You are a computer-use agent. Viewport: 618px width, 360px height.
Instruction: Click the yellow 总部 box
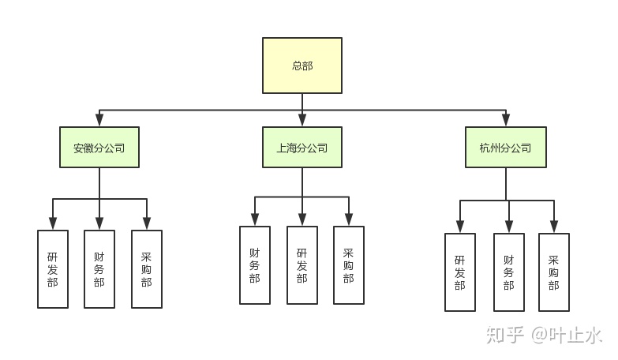(x=302, y=66)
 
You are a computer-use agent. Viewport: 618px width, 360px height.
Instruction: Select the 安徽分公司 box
(x=99, y=148)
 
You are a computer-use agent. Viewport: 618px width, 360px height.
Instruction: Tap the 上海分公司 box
(x=302, y=148)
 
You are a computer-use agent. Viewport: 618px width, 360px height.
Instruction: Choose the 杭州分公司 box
(x=505, y=148)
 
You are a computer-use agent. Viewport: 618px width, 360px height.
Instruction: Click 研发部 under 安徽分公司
(x=53, y=268)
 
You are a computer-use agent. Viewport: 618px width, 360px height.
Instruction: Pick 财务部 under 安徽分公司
(x=99, y=268)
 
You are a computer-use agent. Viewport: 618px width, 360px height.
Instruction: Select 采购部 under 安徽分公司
(x=147, y=268)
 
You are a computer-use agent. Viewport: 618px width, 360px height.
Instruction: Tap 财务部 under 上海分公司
(x=255, y=264)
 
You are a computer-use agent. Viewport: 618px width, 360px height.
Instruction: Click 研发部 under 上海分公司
(x=302, y=264)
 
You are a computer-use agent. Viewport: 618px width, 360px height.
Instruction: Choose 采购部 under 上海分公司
(x=349, y=264)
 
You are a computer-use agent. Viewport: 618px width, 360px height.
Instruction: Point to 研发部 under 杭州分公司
(x=460, y=272)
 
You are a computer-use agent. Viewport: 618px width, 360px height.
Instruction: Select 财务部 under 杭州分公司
(x=509, y=272)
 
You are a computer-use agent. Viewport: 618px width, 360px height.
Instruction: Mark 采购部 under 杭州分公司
(x=554, y=272)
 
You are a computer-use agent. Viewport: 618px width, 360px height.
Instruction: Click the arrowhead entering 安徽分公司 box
(x=99, y=121)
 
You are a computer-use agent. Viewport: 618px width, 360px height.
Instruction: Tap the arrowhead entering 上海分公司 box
(x=302, y=121)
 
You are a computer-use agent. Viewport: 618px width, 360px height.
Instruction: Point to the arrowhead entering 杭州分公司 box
(x=505, y=121)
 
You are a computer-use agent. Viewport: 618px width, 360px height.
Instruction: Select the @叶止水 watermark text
(x=567, y=335)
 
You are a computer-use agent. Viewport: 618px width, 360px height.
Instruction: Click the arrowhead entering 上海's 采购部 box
(x=349, y=220)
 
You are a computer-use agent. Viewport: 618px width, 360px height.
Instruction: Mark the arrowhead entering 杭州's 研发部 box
(x=460, y=227)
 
